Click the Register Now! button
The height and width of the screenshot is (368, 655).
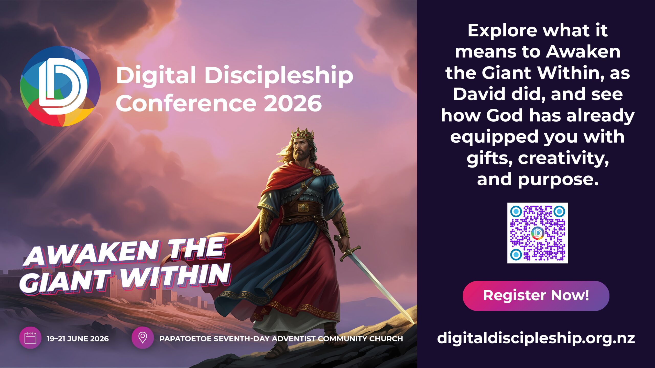pos(536,296)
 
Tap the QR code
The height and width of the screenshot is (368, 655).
pos(538,233)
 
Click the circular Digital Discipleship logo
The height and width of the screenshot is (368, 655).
pos(60,86)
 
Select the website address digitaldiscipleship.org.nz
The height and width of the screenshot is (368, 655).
pos(536,338)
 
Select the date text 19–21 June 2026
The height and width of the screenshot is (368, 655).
pos(78,339)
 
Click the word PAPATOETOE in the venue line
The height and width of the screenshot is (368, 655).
pos(185,339)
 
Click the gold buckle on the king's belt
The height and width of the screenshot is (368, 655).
pos(303,207)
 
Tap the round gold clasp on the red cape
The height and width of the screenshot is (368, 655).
pos(316,172)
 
